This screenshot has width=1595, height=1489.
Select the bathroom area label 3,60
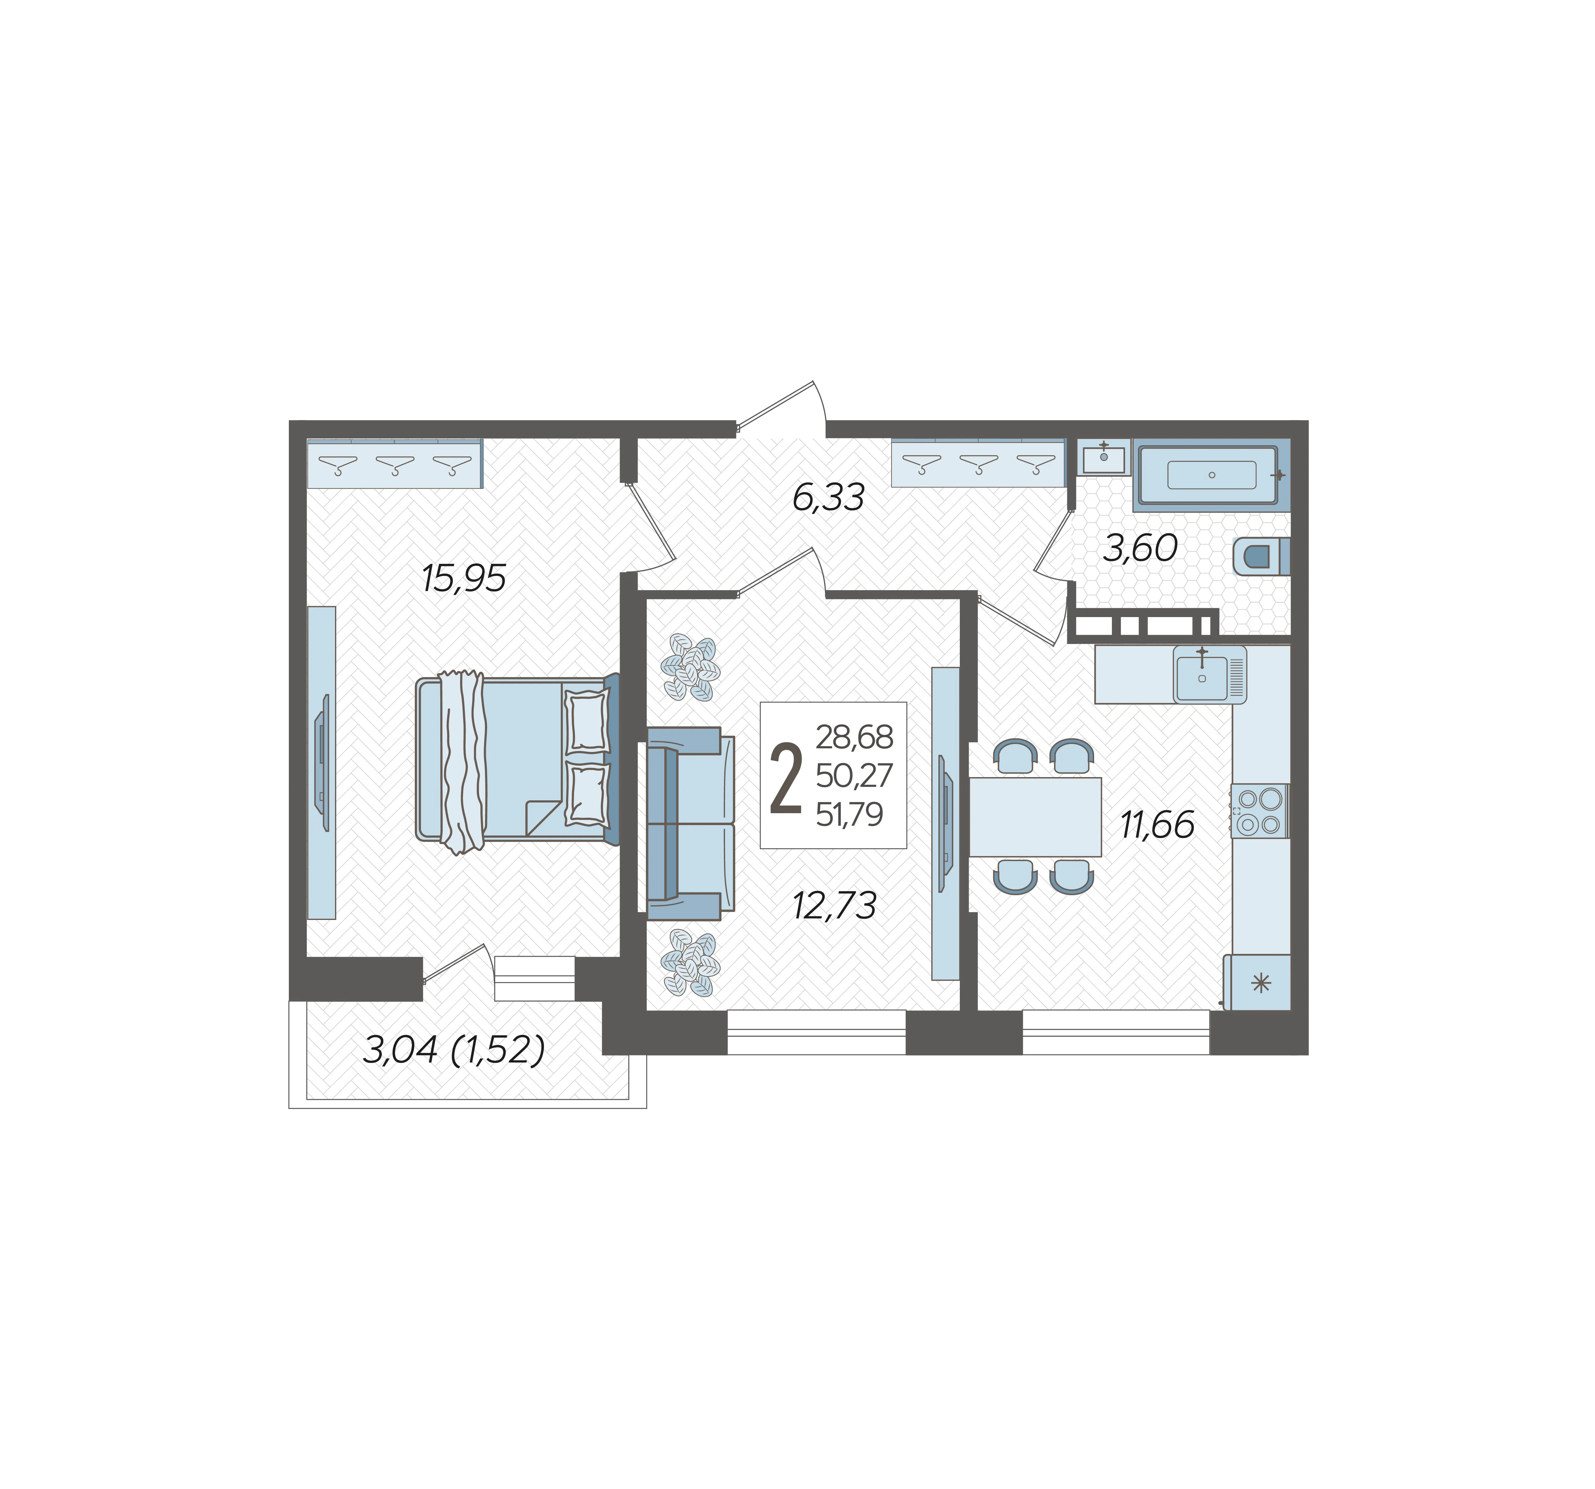coord(1140,549)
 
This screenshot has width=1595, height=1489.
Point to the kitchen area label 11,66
coord(1157,825)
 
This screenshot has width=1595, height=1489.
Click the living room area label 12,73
coord(834,906)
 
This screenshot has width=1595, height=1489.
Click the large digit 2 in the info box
coord(785,778)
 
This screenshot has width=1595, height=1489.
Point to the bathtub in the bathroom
coord(1212,475)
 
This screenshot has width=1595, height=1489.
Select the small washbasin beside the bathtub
coord(1104,458)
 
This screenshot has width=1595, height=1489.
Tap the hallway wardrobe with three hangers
coord(978,463)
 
